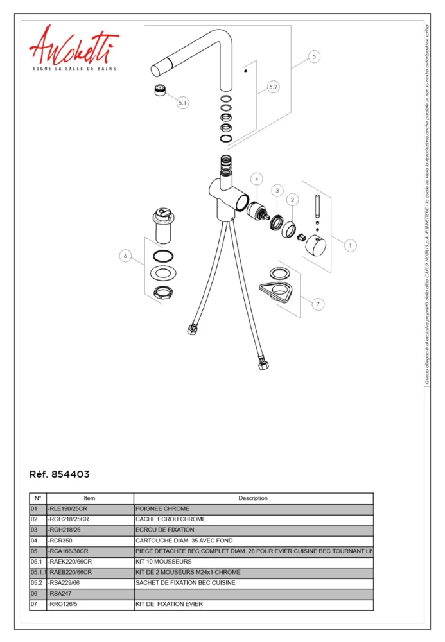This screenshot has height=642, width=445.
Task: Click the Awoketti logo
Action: tap(73, 48)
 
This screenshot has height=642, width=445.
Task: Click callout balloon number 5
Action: tap(313, 56)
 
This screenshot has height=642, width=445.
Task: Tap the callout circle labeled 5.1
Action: tap(183, 102)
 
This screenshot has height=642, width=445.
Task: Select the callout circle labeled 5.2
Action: tap(274, 87)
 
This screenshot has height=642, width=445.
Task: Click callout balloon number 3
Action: tap(277, 190)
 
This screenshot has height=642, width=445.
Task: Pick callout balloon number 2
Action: tap(292, 200)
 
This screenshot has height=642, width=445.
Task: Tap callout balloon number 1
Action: tap(351, 245)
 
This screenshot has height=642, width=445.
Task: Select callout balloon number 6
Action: tap(126, 256)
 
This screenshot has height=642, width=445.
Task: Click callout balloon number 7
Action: tap(318, 304)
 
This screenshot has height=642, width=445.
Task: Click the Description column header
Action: tap(253, 498)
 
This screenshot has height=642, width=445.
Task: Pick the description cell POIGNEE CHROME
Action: tap(162, 508)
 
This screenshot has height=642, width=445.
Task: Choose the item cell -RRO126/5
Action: tap(65, 604)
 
